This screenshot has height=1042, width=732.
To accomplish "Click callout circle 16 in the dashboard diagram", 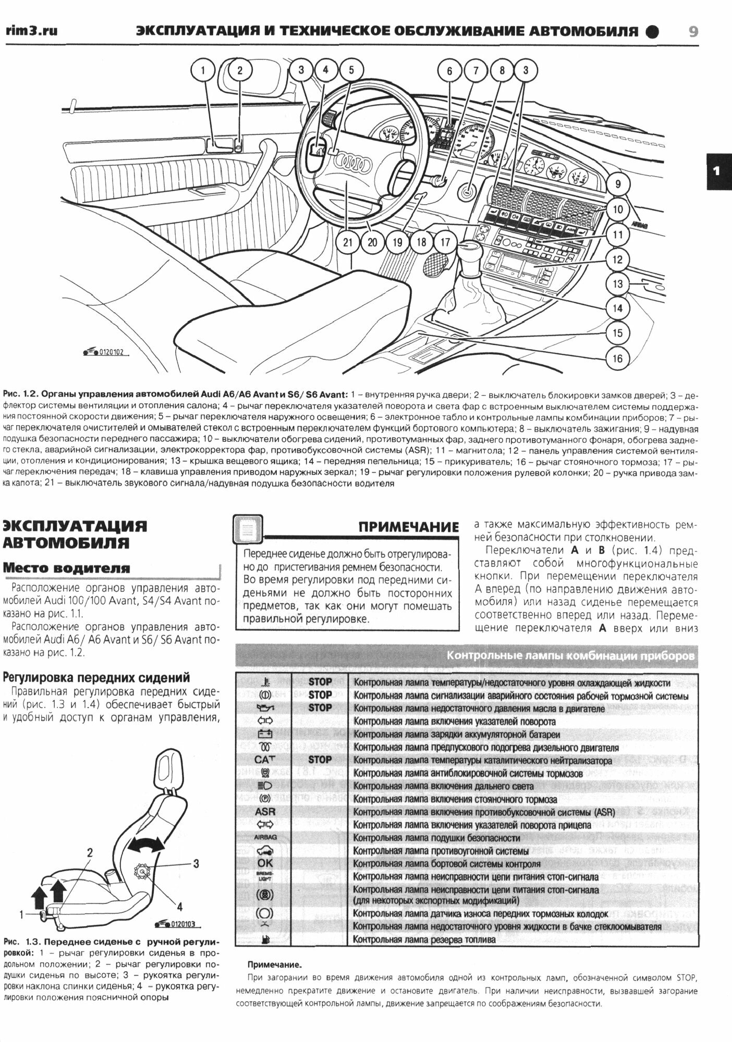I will [x=617, y=358].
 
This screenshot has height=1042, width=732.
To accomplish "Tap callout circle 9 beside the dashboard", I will [x=618, y=184].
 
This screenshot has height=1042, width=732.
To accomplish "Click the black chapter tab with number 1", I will [x=718, y=171].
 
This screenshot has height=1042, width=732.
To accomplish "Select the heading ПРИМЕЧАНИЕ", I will [x=408, y=527].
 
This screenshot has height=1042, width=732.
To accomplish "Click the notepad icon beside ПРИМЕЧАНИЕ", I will [x=248, y=530].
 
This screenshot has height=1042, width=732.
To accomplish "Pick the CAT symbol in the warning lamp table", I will [x=264, y=760].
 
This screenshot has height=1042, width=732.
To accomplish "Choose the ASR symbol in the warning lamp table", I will [x=265, y=812].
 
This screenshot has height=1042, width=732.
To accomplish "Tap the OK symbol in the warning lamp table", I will [x=265, y=863].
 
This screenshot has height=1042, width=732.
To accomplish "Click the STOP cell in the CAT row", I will [x=320, y=760].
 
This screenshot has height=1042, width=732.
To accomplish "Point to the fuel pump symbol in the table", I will [x=265, y=939].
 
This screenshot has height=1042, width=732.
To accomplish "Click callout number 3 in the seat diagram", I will [x=196, y=864].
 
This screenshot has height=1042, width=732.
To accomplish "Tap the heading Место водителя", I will [x=67, y=568].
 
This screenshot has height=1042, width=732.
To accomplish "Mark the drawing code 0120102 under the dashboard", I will [x=110, y=352].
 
